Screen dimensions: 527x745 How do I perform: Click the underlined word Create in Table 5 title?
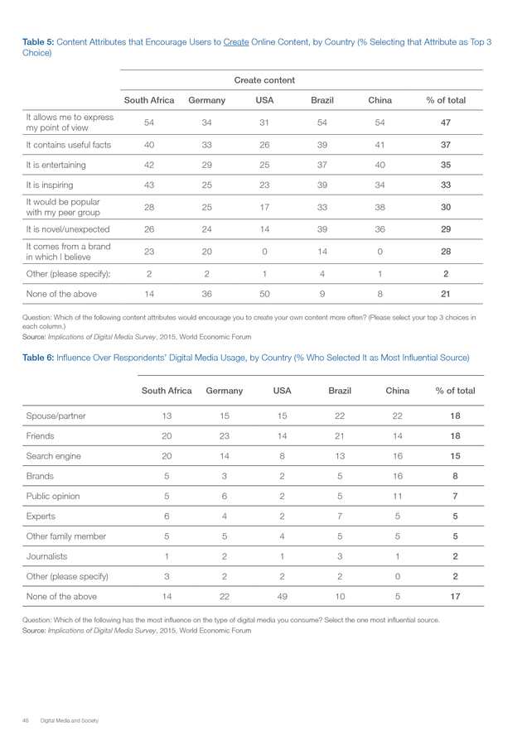[236, 42]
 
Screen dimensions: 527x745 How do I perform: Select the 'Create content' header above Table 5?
[264, 80]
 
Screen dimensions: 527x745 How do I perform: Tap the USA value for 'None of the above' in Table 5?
[264, 294]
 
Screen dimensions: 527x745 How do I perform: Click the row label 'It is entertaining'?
[56, 165]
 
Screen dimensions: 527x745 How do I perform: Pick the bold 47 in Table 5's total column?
[446, 123]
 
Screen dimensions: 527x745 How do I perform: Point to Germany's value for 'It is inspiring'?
[207, 185]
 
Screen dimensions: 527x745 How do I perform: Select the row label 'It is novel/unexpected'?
[68, 229]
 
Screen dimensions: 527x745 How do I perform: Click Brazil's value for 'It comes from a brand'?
[322, 252]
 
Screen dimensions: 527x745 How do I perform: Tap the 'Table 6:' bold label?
[38, 358]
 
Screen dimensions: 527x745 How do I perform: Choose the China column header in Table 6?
[398, 391]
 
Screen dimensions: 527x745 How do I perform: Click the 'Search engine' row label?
[53, 456]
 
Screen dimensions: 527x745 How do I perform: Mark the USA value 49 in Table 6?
[282, 596]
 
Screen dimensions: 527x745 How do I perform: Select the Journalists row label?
[46, 556]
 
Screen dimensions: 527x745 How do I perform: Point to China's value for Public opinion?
[398, 496]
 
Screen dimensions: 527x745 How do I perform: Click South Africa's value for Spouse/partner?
[167, 416]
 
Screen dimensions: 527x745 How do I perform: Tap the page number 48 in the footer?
[26, 721]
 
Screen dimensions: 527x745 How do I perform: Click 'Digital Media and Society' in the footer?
[70, 721]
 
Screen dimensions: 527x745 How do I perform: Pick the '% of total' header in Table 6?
[455, 391]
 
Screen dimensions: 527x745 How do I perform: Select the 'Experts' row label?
[41, 516]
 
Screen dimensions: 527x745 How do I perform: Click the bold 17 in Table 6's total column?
[455, 596]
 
